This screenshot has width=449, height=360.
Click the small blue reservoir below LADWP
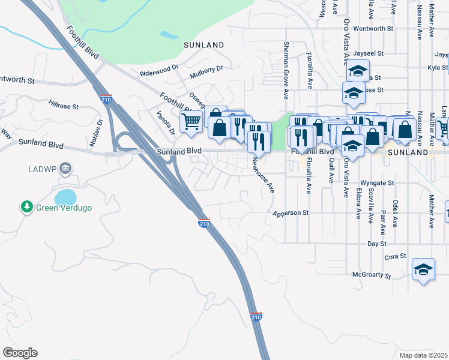(65, 196)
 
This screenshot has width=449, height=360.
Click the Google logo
(19, 353)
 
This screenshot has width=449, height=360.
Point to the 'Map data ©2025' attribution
(423, 355)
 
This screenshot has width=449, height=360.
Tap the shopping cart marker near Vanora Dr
(191, 121)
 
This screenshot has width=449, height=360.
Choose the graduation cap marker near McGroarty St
(423, 270)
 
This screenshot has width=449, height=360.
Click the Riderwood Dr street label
(159, 71)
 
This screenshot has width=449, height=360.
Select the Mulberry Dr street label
(206, 72)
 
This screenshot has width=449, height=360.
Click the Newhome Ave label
(262, 175)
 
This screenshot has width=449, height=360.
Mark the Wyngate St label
(377, 182)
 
